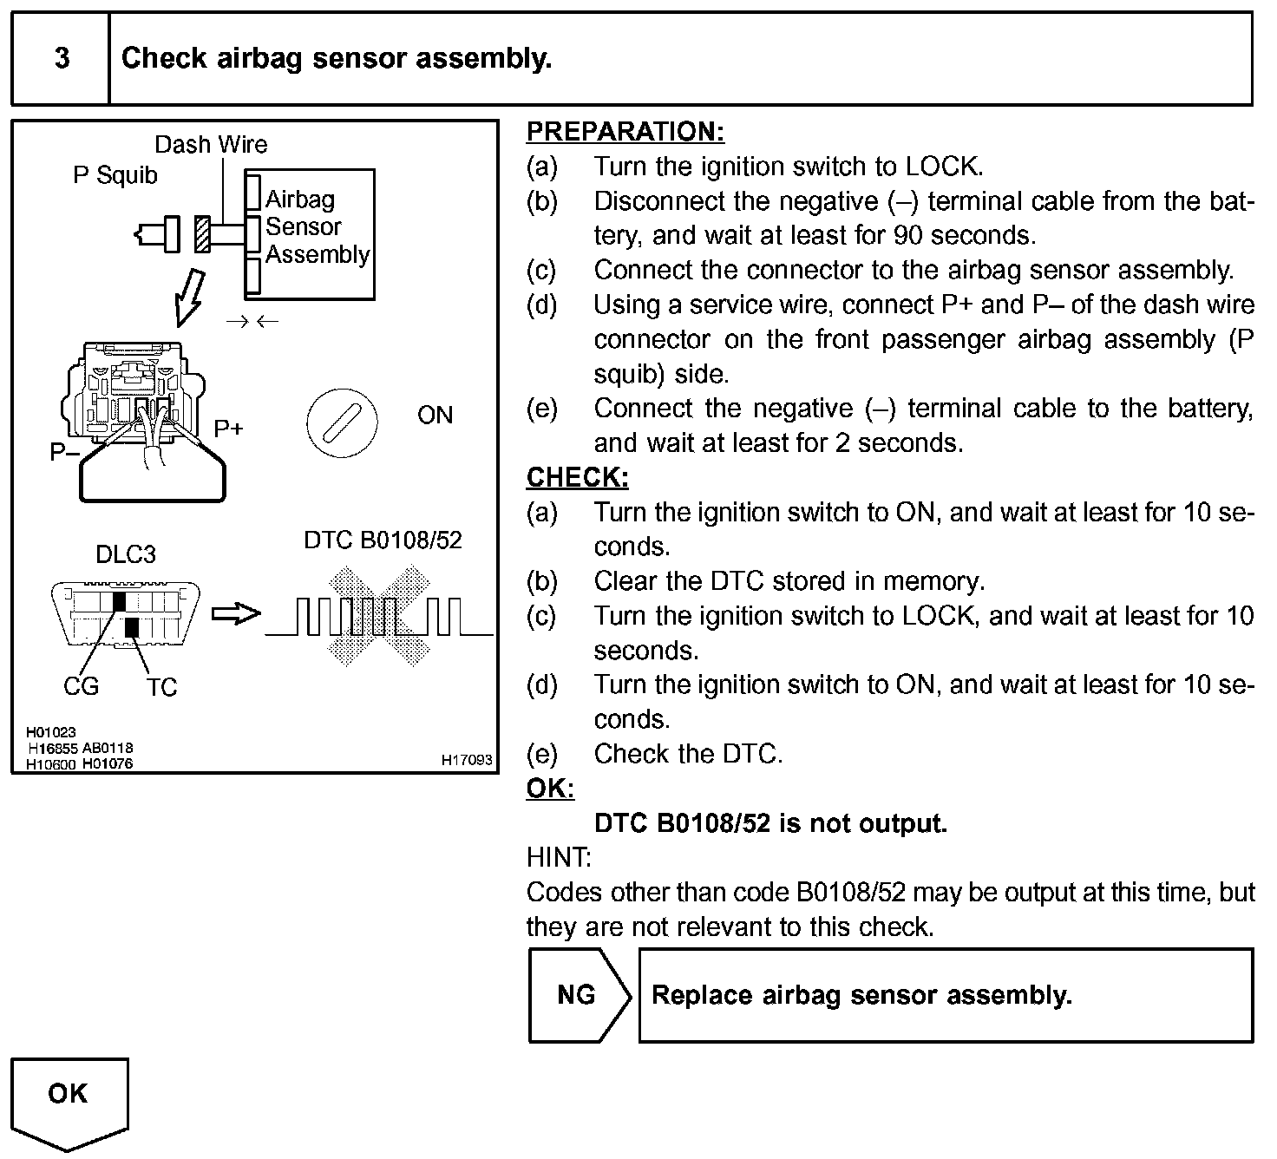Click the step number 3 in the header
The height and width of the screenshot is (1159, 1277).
[62, 59]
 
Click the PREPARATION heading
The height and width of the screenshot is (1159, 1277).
[625, 132]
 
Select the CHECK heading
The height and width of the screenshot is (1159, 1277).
[577, 477]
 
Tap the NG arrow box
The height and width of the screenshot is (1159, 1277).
[578, 995]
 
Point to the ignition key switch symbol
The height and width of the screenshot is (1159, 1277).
[342, 422]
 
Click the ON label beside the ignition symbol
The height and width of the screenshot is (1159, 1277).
[435, 416]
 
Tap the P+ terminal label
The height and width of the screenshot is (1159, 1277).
[229, 429]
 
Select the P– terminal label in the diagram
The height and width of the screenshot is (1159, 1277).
[64, 452]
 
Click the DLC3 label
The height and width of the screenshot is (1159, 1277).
[126, 554]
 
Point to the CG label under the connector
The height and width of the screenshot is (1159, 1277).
[82, 687]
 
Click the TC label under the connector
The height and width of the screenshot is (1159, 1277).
[161, 688]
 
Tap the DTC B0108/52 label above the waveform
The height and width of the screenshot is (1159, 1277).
[383, 540]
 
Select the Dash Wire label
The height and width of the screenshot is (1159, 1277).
[211, 144]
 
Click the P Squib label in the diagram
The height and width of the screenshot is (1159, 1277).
[115, 175]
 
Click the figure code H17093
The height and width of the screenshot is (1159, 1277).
[467, 761]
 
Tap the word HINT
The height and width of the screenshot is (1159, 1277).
[558, 858]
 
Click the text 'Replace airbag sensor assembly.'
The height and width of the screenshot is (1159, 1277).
[861, 995]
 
